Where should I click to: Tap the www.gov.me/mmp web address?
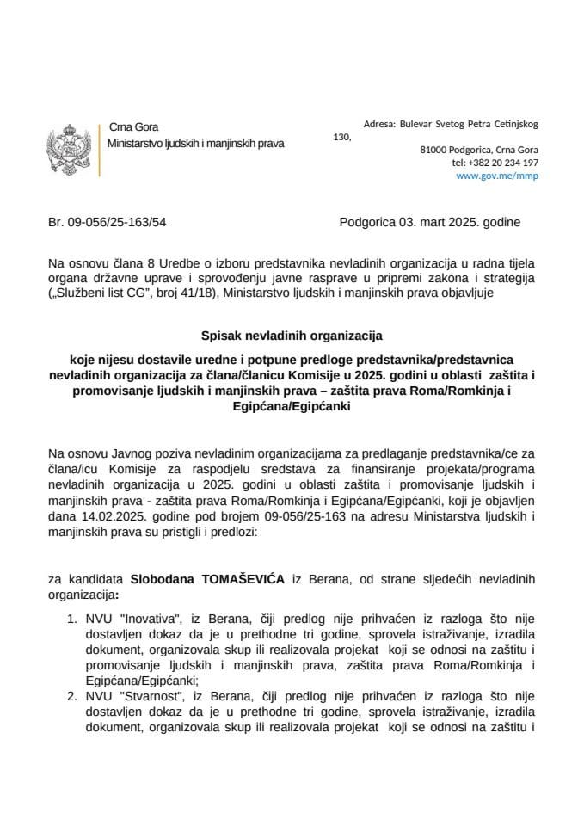(x=509, y=176)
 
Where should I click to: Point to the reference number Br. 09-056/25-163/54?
(x=107, y=222)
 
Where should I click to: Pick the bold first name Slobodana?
(x=163, y=582)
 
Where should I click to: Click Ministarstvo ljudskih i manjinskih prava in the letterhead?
(x=195, y=143)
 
